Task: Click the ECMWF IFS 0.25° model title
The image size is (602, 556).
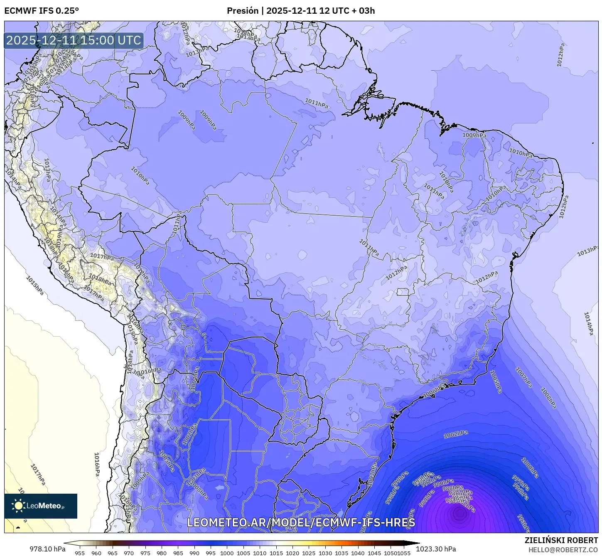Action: (x=42, y=11)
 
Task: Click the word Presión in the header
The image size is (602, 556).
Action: (x=243, y=11)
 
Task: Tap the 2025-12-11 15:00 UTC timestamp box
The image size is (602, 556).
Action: (x=74, y=41)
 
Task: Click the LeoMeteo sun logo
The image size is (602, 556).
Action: (x=19, y=506)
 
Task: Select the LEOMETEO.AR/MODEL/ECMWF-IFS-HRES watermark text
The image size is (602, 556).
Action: (x=301, y=522)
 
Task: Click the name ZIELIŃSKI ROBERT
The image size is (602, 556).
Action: (x=561, y=541)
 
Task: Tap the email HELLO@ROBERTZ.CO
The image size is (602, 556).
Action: (x=563, y=549)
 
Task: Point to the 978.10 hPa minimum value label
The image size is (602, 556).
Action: (x=47, y=549)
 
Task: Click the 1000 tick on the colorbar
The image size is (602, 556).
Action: (x=227, y=553)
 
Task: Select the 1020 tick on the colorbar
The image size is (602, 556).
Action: (x=292, y=553)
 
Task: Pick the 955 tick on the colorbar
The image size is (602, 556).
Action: (x=80, y=553)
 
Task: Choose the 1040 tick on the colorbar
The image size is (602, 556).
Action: (x=358, y=553)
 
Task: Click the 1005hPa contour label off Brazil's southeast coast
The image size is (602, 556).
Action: (x=496, y=381)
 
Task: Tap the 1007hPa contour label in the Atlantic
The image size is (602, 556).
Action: (x=523, y=377)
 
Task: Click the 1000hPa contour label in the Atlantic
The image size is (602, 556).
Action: (x=530, y=467)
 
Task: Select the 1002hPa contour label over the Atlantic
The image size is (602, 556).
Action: (x=456, y=434)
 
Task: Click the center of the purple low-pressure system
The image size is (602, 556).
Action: (x=459, y=513)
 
